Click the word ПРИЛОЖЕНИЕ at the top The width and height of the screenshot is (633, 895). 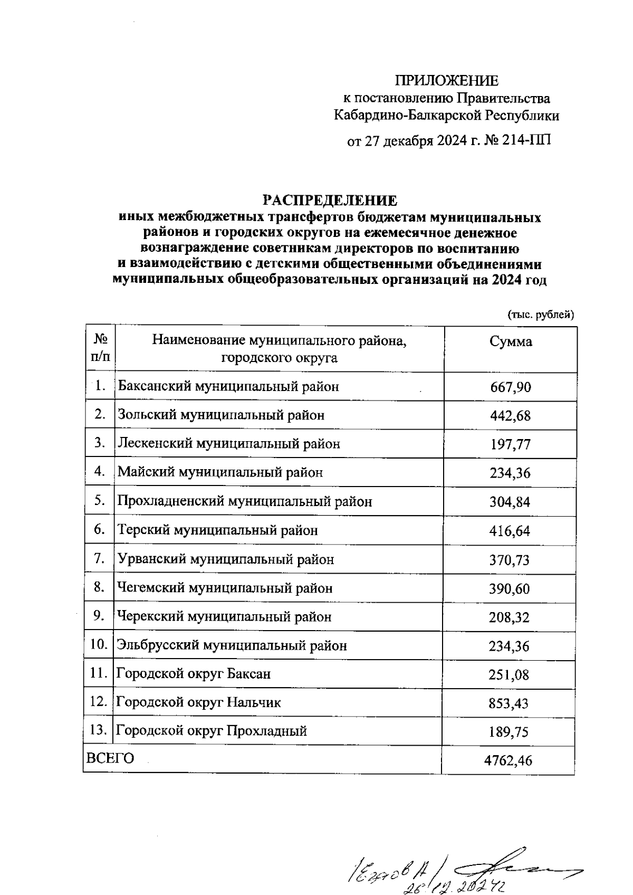(447, 81)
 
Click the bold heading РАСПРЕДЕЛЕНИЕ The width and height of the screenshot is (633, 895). (330, 201)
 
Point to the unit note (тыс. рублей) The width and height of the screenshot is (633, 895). (540, 315)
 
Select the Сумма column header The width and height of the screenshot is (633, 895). (510, 342)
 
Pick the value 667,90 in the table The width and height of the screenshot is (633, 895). (510, 387)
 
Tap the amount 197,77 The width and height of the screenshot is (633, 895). (510, 445)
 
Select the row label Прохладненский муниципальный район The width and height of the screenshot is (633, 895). (245, 501)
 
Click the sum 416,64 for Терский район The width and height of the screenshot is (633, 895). (510, 531)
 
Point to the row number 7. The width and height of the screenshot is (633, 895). (100, 559)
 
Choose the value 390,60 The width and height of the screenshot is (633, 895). (510, 588)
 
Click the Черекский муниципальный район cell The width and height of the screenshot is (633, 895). (224, 616)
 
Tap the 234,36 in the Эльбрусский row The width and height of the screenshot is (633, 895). (510, 646)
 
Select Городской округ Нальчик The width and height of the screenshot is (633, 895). (198, 702)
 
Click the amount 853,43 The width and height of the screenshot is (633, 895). (510, 703)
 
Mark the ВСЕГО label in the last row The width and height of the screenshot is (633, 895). (110, 758)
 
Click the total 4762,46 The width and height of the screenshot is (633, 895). (508, 760)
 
